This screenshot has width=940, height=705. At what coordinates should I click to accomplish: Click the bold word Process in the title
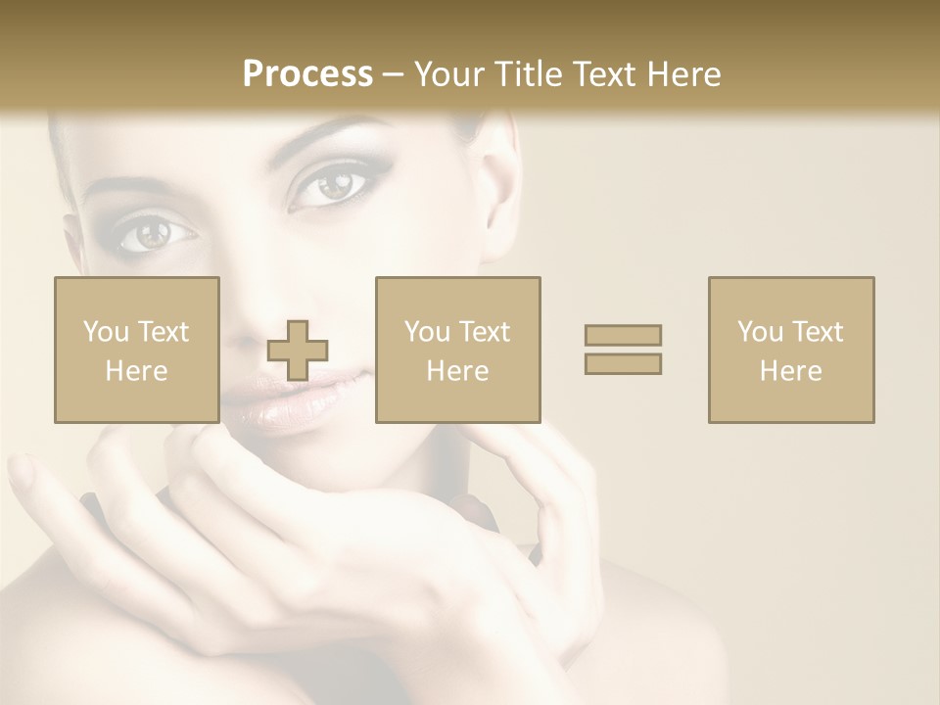click(x=307, y=74)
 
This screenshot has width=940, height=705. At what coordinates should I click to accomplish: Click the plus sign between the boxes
click(x=299, y=350)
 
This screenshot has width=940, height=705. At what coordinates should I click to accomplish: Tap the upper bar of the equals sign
click(x=623, y=335)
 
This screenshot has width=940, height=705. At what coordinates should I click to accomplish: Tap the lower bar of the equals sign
click(x=623, y=363)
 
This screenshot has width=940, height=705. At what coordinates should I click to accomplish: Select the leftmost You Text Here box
click(x=137, y=350)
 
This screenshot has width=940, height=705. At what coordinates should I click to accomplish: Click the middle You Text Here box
click(x=458, y=350)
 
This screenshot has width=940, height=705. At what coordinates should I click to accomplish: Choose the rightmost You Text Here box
click(x=791, y=350)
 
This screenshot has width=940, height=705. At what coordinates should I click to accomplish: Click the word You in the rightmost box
click(x=760, y=332)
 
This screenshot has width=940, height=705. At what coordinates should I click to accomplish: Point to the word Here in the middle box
click(x=458, y=371)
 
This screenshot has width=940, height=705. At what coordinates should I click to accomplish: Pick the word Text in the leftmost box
click(x=163, y=332)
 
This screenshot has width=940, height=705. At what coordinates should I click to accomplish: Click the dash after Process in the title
click(x=394, y=74)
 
